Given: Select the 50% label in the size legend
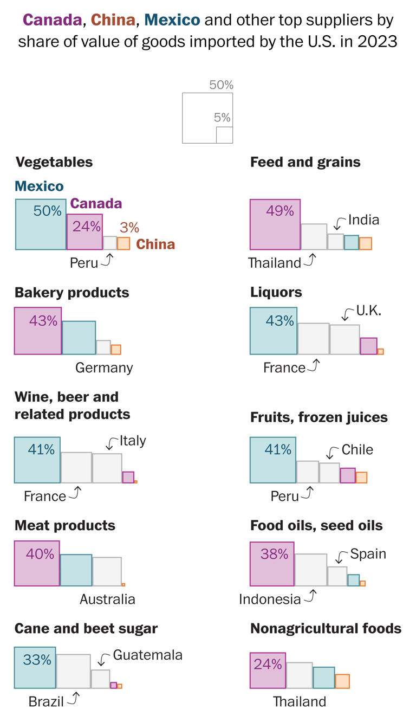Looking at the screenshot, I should [x=221, y=85].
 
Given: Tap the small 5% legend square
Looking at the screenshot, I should [x=224, y=135].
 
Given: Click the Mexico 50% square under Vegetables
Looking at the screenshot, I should [x=41, y=224].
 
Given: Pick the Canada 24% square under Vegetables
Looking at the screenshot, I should [x=84, y=231].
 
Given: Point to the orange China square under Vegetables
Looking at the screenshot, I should [x=123, y=243].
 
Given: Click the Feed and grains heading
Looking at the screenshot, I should [x=305, y=162].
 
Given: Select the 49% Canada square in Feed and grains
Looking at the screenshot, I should [x=275, y=224].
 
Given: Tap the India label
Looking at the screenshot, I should [x=363, y=220].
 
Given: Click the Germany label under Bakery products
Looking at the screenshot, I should [x=104, y=368].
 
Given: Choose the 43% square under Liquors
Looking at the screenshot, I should [x=274, y=331].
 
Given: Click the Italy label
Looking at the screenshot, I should [x=133, y=441].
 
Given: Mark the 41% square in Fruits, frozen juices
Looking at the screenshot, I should [x=273, y=460].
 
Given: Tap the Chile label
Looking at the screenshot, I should [x=357, y=450].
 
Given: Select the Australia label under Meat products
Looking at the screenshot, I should [x=107, y=600].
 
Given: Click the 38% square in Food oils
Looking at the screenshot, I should [x=272, y=564].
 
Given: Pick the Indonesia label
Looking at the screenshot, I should [x=270, y=600].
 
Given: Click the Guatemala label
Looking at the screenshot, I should [x=147, y=655].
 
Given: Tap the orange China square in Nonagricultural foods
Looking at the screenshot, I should [x=342, y=681].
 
